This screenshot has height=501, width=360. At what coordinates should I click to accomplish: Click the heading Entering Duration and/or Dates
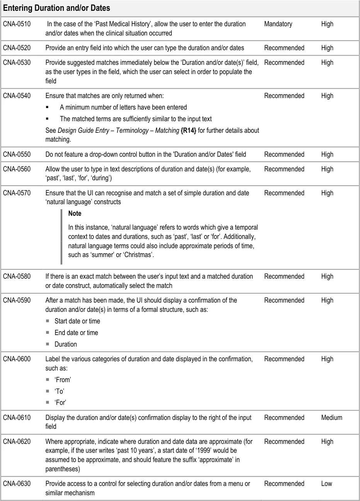click(x=56, y=8)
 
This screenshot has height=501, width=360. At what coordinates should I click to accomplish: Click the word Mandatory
click(x=278, y=24)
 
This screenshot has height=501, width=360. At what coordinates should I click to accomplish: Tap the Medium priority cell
click(x=331, y=418)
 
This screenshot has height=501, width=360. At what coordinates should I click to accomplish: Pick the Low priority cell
click(x=326, y=484)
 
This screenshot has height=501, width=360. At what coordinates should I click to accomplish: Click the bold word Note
click(x=75, y=213)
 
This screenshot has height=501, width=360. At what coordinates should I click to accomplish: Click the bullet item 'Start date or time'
click(x=77, y=321)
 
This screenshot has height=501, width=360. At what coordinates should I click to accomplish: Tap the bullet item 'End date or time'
click(x=76, y=333)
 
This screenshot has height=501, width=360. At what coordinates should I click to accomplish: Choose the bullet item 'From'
click(x=63, y=380)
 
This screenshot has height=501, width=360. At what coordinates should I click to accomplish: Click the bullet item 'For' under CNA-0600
click(x=60, y=403)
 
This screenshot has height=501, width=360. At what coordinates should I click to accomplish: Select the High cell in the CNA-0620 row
click(x=327, y=442)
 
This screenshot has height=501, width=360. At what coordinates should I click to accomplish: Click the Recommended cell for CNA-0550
click(x=284, y=154)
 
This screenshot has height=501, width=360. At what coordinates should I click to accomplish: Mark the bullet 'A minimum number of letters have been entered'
click(x=123, y=107)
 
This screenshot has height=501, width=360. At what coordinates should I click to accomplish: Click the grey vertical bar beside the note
click(x=61, y=237)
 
